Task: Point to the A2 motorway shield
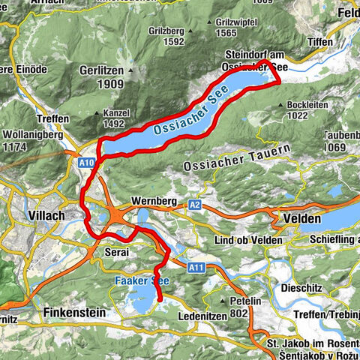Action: coord(195,204)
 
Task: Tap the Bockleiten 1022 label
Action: coord(303,112)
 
